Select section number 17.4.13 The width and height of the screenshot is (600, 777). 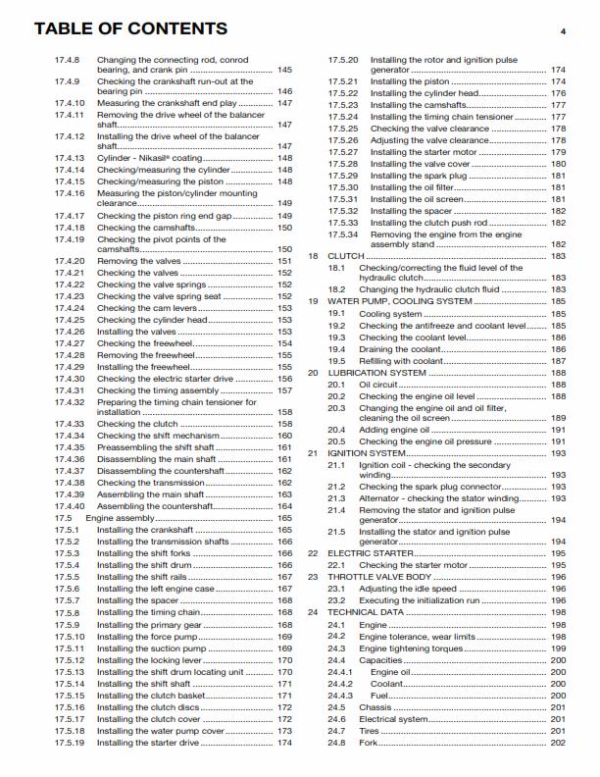tap(69, 158)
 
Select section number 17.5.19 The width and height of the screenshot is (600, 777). tap(69, 743)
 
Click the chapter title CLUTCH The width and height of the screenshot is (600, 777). tap(342, 256)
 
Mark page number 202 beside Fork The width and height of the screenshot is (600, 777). tap(558, 743)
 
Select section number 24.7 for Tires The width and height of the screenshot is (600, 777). tap(336, 731)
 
